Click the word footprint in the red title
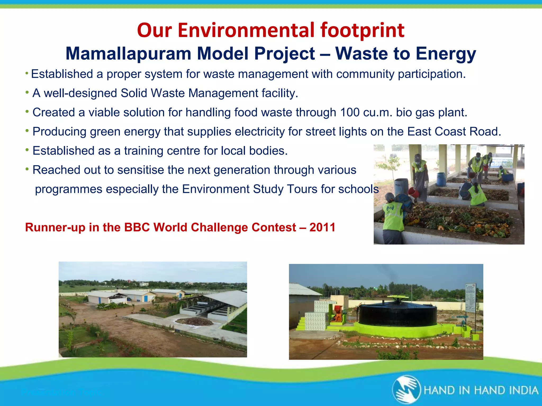[x=362, y=30]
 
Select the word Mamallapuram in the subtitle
[x=128, y=54]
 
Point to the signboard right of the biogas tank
[x=470, y=297]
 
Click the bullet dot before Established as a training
[x=27, y=150]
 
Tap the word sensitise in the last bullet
[x=140, y=170]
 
